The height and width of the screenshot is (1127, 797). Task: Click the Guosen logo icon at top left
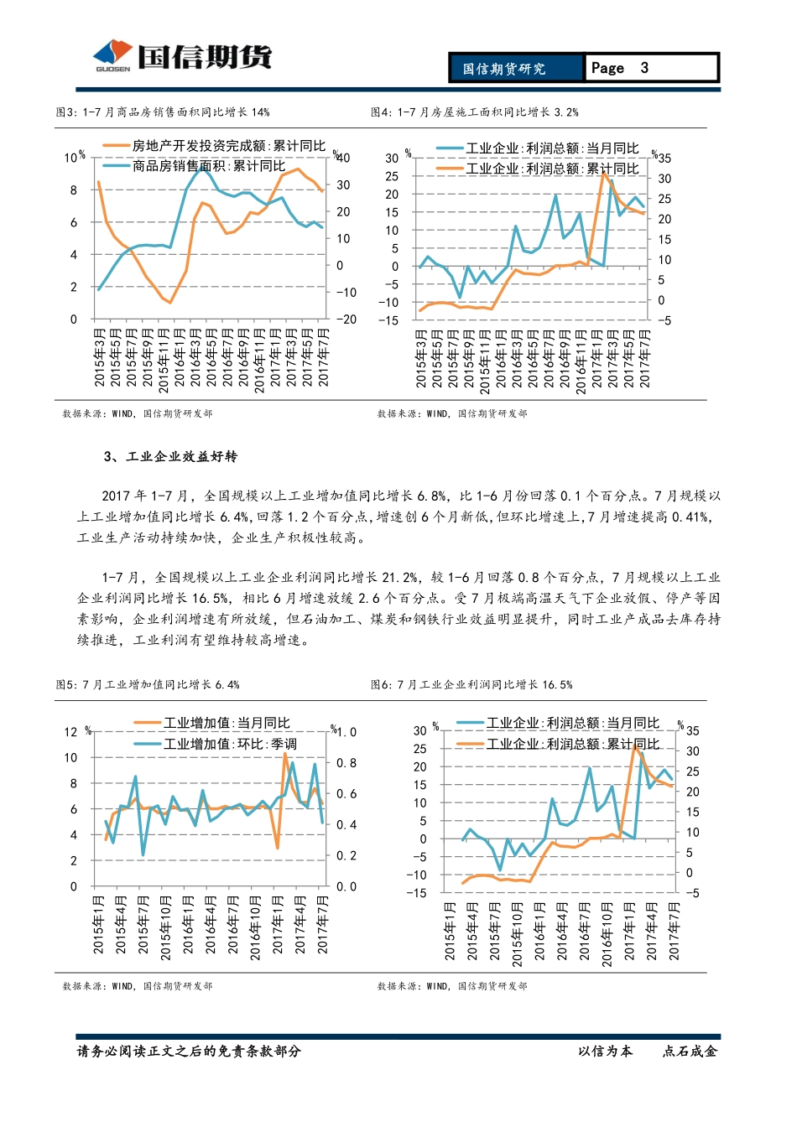(112, 55)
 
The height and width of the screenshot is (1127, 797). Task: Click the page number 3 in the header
(644, 68)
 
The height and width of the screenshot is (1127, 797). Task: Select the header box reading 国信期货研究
(504, 69)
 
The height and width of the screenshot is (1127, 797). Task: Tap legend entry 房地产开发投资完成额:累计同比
(228, 146)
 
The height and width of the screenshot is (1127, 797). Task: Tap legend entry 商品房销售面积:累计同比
(208, 166)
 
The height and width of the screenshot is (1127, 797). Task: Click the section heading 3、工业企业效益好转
(171, 456)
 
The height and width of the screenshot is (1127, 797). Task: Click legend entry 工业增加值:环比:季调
(229, 744)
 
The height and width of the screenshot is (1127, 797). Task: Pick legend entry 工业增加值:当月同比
(226, 723)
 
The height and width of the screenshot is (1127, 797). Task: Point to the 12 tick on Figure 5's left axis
(70, 732)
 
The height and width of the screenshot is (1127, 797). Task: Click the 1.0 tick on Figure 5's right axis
(346, 732)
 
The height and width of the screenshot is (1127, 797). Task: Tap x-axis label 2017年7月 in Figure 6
(674, 931)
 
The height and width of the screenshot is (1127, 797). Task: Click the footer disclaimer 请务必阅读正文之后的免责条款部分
(189, 1052)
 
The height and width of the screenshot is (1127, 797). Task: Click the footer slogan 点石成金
(690, 1052)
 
